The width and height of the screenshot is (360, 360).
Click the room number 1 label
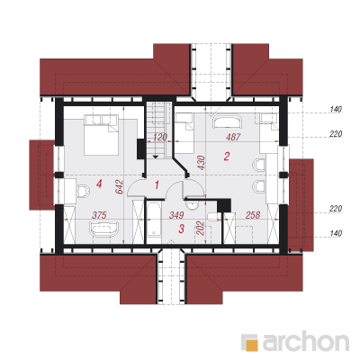click(157, 184)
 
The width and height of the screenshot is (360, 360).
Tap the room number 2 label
click(227, 156)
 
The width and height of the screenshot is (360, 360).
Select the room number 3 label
click(181, 229)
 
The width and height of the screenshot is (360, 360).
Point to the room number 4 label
click(99, 184)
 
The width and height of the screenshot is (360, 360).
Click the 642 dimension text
click(120, 186)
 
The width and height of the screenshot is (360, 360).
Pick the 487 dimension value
click(233, 137)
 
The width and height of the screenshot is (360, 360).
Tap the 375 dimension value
click(99, 215)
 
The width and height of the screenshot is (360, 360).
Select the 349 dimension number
click(176, 215)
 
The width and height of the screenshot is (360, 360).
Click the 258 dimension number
click(253, 215)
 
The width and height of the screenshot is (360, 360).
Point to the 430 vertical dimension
click(202, 162)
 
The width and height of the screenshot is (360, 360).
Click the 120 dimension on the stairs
click(159, 137)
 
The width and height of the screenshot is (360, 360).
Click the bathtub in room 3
click(154, 224)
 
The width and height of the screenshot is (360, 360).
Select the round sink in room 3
click(191, 205)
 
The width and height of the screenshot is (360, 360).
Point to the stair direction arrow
click(156, 157)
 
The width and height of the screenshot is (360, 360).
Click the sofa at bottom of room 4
click(103, 229)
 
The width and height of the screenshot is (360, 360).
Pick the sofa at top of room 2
click(227, 121)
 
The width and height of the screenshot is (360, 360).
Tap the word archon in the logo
click(306, 341)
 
